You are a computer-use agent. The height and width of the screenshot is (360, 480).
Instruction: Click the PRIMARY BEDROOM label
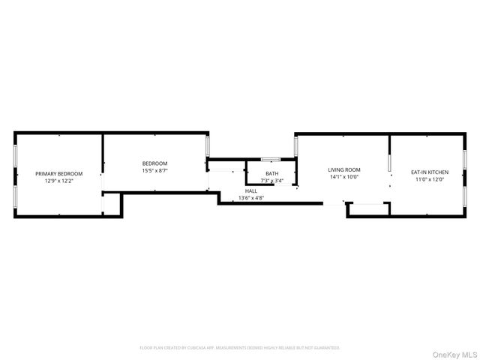(59, 173)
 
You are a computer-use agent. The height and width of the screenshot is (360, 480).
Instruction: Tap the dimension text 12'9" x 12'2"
(59, 181)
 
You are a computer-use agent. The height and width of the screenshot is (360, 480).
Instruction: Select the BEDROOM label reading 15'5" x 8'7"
(154, 163)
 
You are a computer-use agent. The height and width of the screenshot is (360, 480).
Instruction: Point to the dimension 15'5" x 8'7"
(154, 171)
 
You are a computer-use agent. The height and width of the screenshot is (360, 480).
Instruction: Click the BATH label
(271, 173)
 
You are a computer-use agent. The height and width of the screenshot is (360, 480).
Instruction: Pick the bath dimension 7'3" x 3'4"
(271, 181)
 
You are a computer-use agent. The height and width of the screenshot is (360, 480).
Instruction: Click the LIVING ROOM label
(344, 169)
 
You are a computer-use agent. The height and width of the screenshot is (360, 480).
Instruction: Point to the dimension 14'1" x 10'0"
(344, 177)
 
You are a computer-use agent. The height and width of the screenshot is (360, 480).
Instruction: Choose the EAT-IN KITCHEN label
(428, 172)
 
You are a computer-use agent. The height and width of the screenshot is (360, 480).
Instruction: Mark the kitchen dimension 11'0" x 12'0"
(428, 180)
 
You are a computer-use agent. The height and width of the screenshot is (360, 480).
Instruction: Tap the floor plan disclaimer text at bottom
(240, 348)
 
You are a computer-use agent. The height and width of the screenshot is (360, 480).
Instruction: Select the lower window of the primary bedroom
(15, 196)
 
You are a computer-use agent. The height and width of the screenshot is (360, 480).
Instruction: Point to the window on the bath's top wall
(271, 159)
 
